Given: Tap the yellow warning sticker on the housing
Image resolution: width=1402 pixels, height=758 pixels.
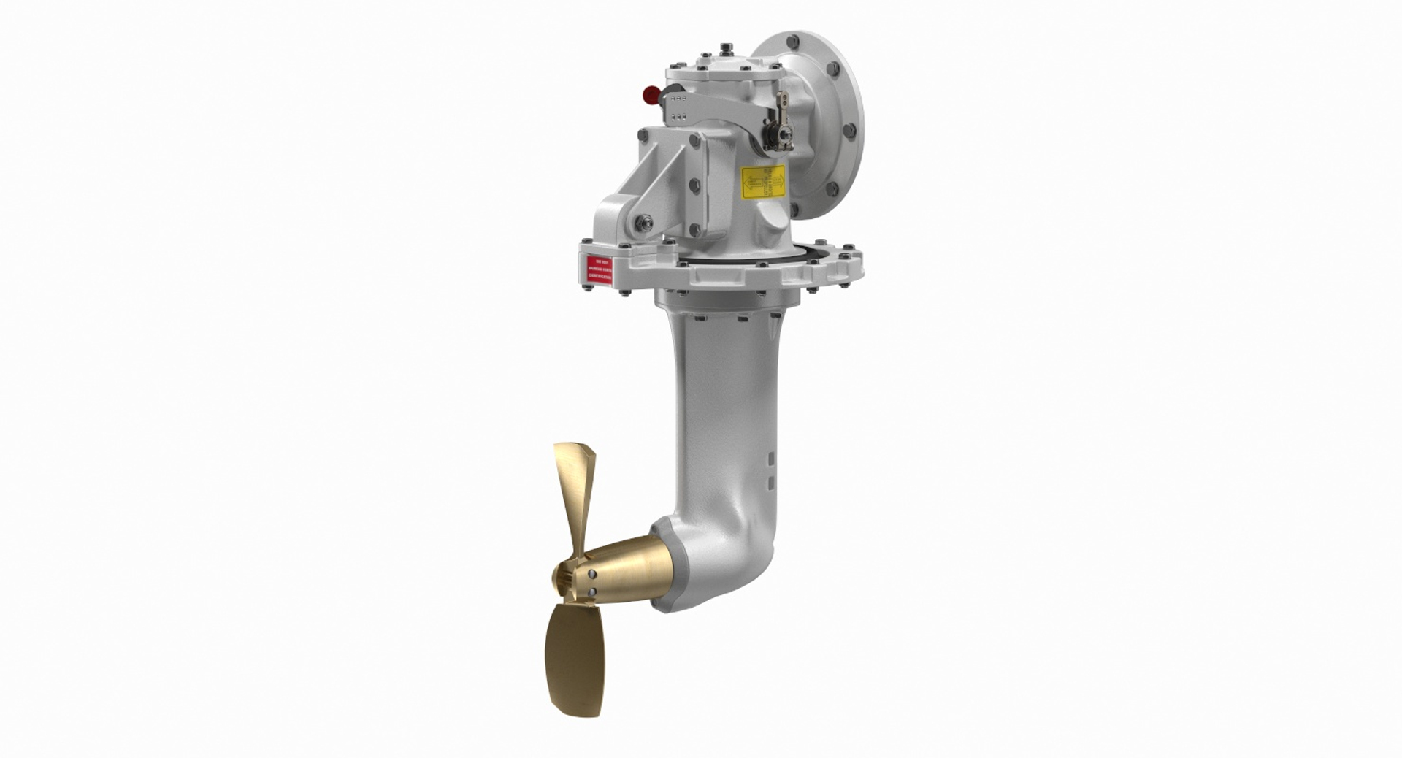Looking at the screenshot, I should (762, 182).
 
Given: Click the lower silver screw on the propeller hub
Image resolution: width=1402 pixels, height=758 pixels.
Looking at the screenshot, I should (591, 592).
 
